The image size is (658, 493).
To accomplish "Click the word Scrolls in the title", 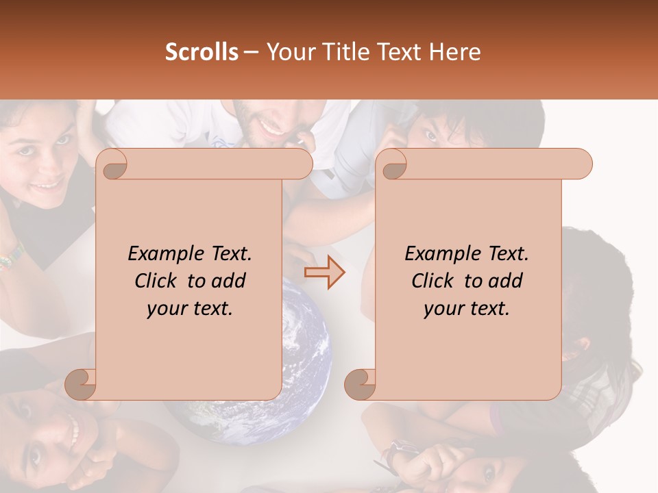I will click(x=202, y=52).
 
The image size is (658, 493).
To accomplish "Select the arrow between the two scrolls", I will click(x=324, y=272).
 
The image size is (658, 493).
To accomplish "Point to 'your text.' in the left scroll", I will click(x=190, y=309).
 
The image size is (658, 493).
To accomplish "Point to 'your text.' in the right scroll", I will click(x=467, y=309).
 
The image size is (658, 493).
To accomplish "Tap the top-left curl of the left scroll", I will click(x=112, y=165).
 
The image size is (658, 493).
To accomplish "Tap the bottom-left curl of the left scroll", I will click(x=81, y=383).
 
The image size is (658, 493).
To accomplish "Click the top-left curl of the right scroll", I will click(x=391, y=165).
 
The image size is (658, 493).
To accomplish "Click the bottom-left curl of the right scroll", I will click(x=361, y=383).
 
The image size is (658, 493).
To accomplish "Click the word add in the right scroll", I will click(x=506, y=281).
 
